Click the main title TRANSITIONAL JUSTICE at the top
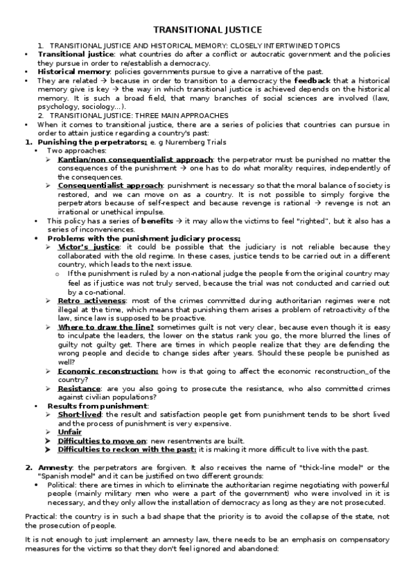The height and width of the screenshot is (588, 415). pyautogui.click(x=207, y=30)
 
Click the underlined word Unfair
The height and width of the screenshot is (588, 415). pyautogui.click(x=71, y=431)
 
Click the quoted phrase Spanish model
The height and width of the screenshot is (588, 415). pyautogui.click(x=63, y=476)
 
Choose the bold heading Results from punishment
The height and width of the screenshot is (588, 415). pyautogui.click(x=103, y=406)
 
